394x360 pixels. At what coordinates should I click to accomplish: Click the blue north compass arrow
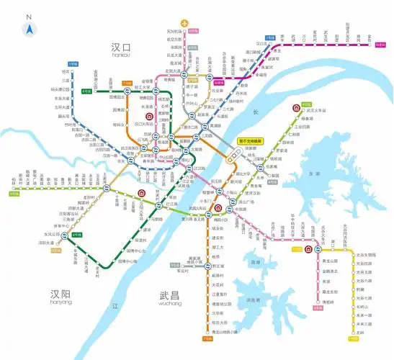tap(30, 28)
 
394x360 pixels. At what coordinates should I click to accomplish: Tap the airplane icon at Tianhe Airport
tap(187, 23)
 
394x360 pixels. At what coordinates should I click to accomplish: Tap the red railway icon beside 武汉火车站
tap(296, 109)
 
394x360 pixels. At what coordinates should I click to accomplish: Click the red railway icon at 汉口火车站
tap(149, 116)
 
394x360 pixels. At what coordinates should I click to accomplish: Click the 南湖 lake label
tap(254, 263)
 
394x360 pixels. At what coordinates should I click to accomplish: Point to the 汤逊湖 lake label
tap(251, 299)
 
